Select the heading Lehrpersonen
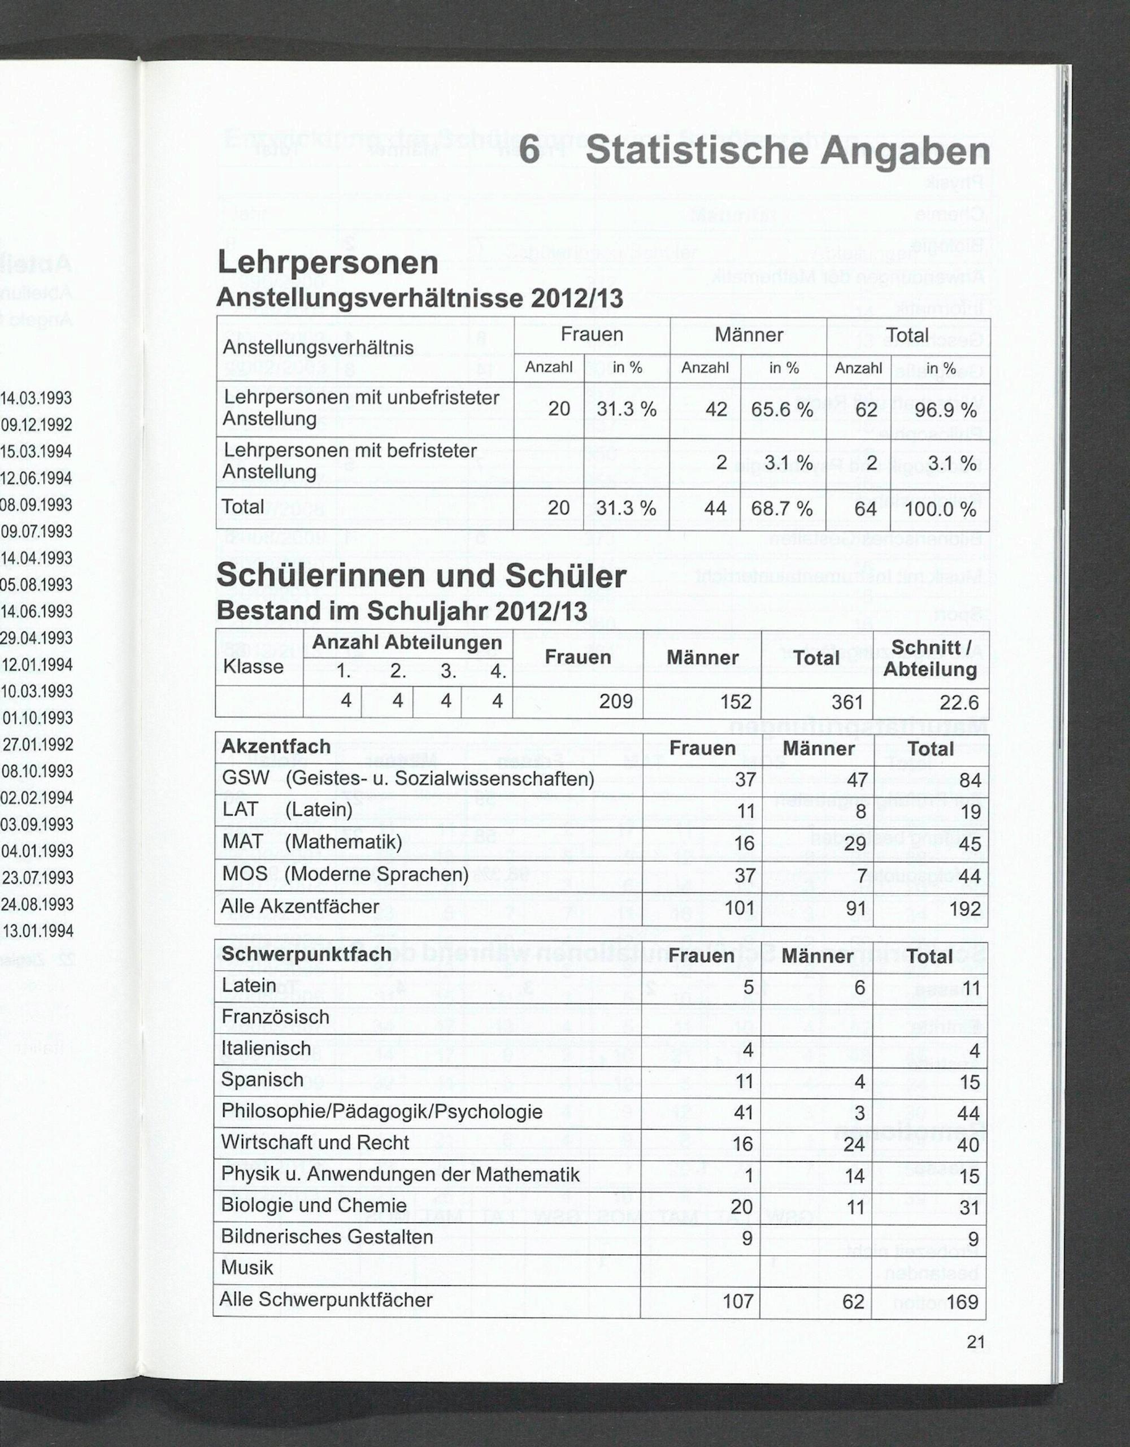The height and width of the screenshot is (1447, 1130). click(x=327, y=262)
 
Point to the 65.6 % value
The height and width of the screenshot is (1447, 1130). click(x=781, y=410)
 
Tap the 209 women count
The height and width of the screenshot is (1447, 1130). click(x=615, y=701)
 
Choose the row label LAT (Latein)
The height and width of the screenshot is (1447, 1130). click(x=287, y=810)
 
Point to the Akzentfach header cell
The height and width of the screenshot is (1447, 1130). click(x=276, y=746)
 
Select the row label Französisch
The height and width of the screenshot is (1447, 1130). click(x=275, y=1016)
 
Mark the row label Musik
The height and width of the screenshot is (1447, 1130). click(x=247, y=1267)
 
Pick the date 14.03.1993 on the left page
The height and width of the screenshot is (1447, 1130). click(x=36, y=398)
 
